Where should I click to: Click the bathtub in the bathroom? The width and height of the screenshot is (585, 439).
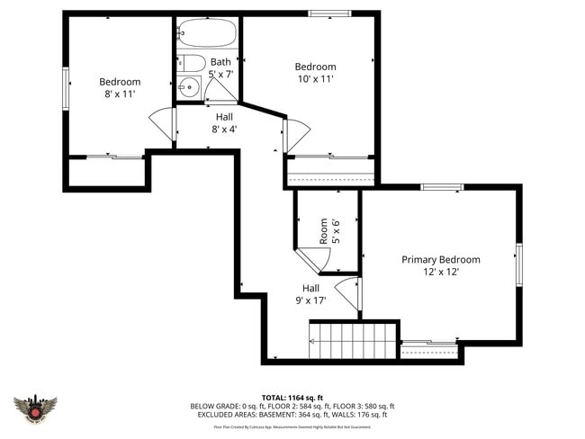click(206, 34)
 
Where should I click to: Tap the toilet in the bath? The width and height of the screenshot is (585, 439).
click(191, 62)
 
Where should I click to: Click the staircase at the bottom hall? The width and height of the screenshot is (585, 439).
click(353, 341)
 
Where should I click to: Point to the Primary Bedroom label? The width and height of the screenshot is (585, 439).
click(440, 259)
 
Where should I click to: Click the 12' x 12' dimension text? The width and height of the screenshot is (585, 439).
click(441, 272)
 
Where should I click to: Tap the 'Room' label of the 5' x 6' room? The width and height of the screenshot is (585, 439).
click(323, 231)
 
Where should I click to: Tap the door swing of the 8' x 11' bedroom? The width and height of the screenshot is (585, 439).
click(163, 124)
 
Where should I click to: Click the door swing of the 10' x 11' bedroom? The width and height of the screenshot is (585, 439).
click(297, 135)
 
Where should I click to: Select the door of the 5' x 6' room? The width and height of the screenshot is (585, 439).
click(310, 260)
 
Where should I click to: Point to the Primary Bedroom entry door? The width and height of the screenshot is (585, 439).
click(352, 293)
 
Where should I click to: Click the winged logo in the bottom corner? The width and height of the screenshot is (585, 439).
click(36, 410)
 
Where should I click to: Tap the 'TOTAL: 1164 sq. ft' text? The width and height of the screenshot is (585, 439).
click(292, 397)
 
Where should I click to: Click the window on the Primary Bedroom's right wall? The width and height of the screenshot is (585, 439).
click(517, 264)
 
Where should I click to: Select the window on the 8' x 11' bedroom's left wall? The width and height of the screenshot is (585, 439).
click(65, 89)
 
